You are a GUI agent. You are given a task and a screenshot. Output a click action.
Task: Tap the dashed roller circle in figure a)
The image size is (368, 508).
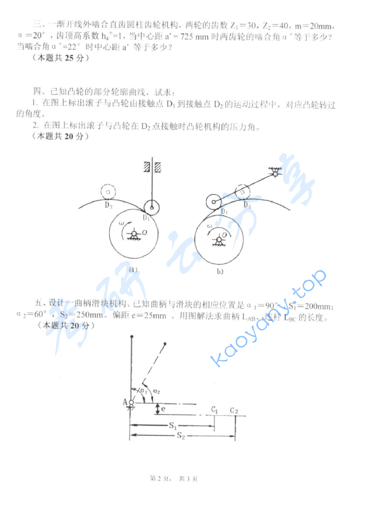(108, 192)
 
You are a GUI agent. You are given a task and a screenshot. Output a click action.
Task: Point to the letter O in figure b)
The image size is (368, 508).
(225, 234)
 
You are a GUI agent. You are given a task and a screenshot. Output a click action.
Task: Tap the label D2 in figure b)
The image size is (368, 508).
(247, 206)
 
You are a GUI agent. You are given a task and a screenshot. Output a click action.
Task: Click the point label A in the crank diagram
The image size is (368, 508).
(124, 402)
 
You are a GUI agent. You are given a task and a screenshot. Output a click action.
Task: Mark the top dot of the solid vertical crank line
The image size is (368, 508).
(131, 335)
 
